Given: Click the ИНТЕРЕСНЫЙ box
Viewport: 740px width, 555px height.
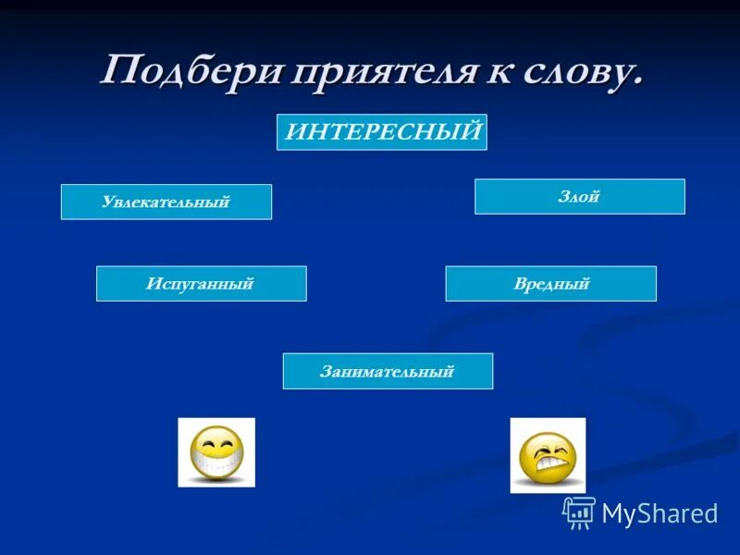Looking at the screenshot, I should point(382,132).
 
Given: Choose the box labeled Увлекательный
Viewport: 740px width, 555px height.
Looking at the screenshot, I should point(166,202).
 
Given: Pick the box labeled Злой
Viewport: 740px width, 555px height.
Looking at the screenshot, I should point(580,196).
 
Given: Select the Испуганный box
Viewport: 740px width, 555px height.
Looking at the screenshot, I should point(201,284).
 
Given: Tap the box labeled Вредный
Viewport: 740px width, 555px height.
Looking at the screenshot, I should point(550,284).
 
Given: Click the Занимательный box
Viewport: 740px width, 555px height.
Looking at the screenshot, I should point(388,371).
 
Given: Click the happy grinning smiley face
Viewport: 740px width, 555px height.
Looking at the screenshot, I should point(216,452).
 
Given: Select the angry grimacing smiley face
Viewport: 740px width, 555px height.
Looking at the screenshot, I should point(548,455).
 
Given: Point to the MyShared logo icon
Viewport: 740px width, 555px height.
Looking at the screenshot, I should point(579,512).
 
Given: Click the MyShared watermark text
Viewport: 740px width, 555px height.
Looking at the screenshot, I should point(660,514).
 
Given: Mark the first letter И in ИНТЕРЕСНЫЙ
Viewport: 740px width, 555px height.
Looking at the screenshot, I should point(294,132).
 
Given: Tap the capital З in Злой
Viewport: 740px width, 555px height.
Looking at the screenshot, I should point(563,196).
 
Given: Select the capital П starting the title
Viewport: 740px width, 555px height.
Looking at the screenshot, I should point(118,70).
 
